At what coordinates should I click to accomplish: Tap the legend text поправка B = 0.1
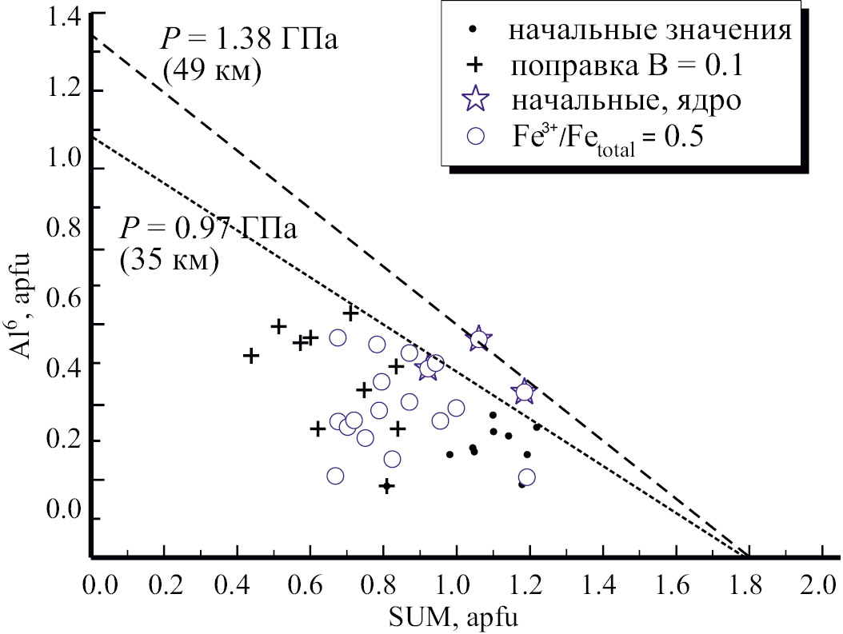pos(628,66)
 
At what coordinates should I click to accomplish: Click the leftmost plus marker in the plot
pos(251,356)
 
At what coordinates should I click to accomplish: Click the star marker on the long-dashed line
pos(478,339)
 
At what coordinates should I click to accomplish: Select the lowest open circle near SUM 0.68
pos(335,476)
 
